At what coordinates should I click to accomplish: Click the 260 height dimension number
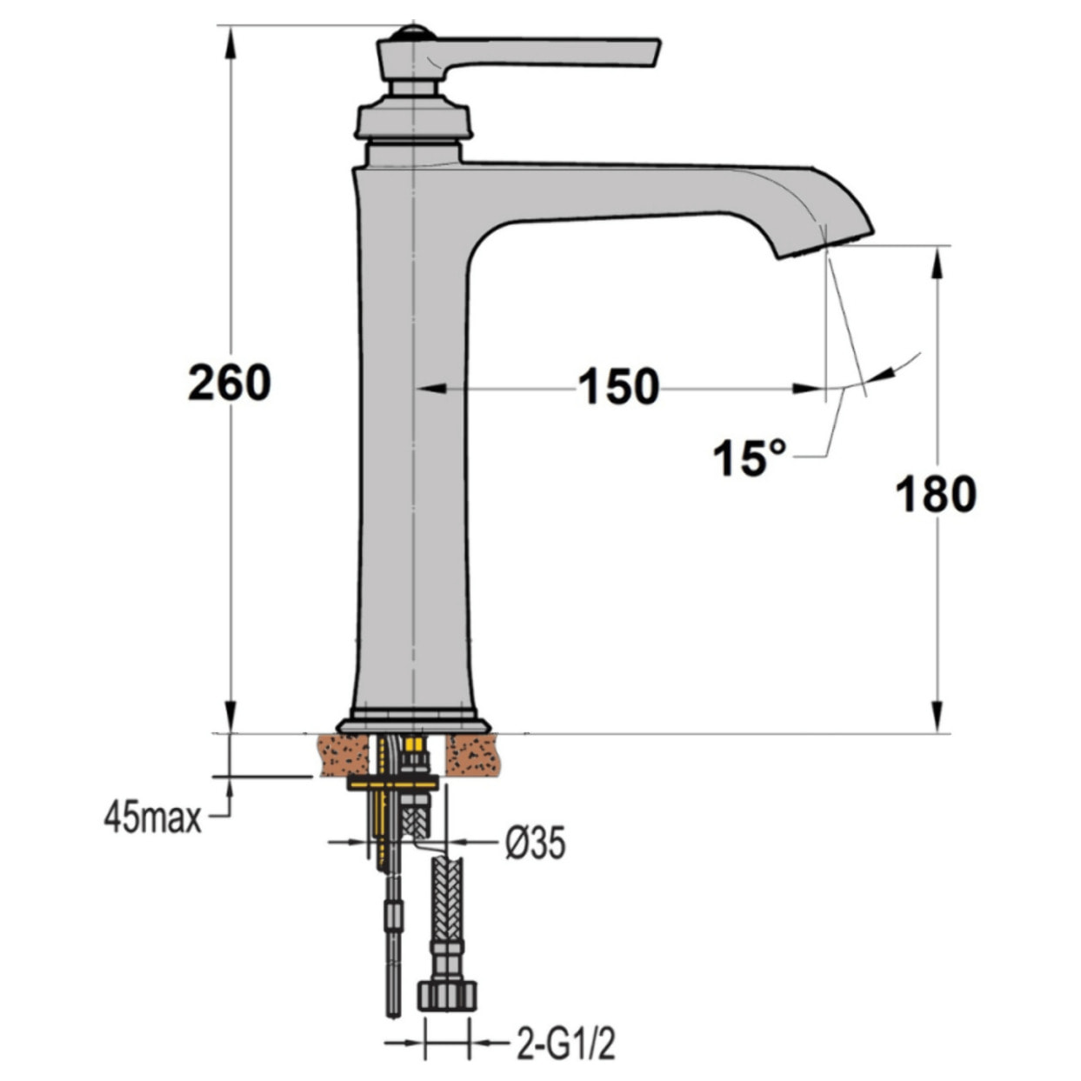coord(229,384)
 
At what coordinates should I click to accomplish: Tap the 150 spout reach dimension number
coord(618,387)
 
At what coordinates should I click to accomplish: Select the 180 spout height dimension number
coord(936,494)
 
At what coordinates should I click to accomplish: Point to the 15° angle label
coord(750,457)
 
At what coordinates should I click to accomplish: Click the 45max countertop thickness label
coord(152,819)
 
